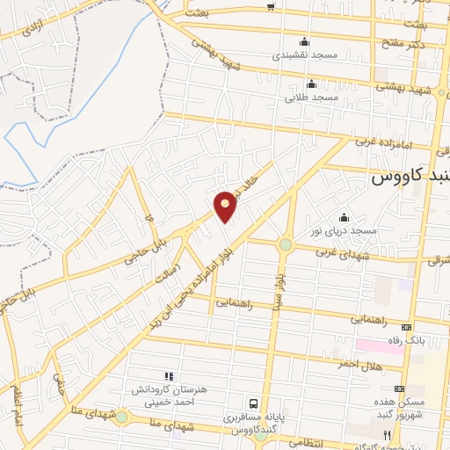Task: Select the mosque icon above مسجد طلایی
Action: point(310,84)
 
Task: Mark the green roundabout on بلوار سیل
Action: point(286,245)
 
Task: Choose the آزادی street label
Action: point(34,26)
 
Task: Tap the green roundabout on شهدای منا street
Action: point(121,417)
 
